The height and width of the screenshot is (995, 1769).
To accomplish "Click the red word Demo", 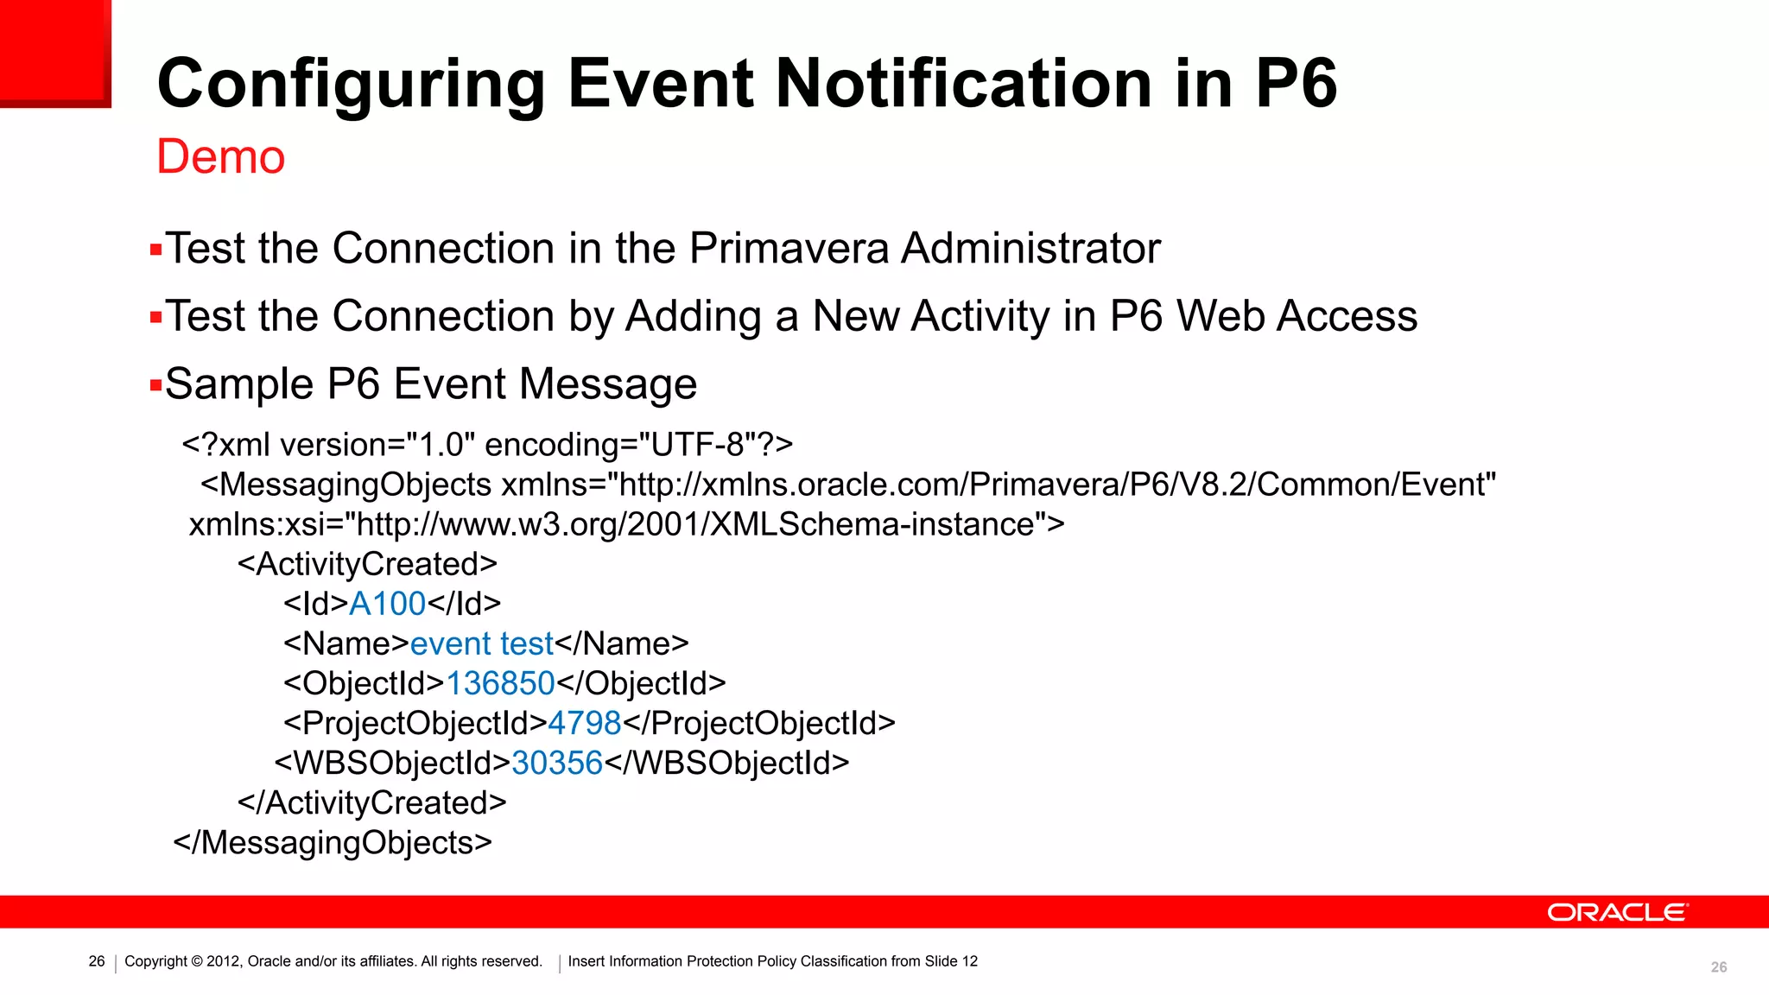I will point(220,157).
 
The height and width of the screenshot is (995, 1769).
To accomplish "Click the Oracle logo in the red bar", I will point(1616,913).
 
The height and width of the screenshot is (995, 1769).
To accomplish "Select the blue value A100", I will point(387,604).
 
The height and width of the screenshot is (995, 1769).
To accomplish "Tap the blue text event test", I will point(481,643).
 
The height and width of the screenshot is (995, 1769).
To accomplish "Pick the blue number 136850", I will point(499,683).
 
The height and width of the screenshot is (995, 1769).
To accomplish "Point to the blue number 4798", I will point(584,723).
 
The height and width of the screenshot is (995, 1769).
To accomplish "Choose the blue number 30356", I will point(556,763).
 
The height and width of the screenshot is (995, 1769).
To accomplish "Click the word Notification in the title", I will point(964,84).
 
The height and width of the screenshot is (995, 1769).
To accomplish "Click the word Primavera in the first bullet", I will point(789,249).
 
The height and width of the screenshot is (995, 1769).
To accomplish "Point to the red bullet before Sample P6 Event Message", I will point(155,385).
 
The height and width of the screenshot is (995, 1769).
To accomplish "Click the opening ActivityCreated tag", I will point(367,564).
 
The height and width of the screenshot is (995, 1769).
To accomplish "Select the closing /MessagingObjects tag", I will point(333,842).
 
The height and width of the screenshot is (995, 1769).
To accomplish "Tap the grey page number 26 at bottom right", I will point(1719,967).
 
